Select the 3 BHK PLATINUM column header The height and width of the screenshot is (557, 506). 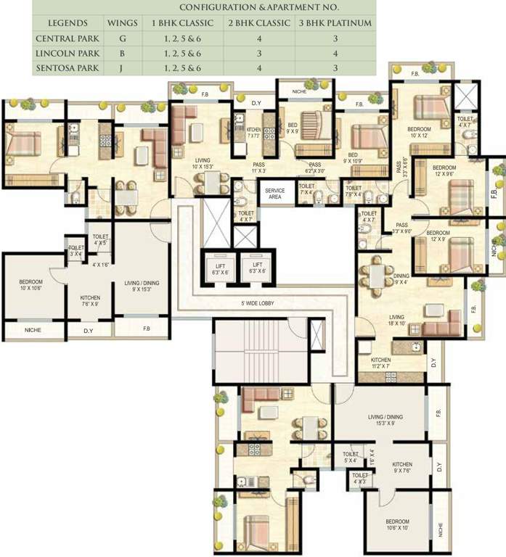(335, 23)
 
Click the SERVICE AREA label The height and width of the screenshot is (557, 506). (274, 194)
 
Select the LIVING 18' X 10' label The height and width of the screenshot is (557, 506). (397, 320)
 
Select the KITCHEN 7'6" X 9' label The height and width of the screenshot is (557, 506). (91, 301)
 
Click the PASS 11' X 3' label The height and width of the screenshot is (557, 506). (258, 168)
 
